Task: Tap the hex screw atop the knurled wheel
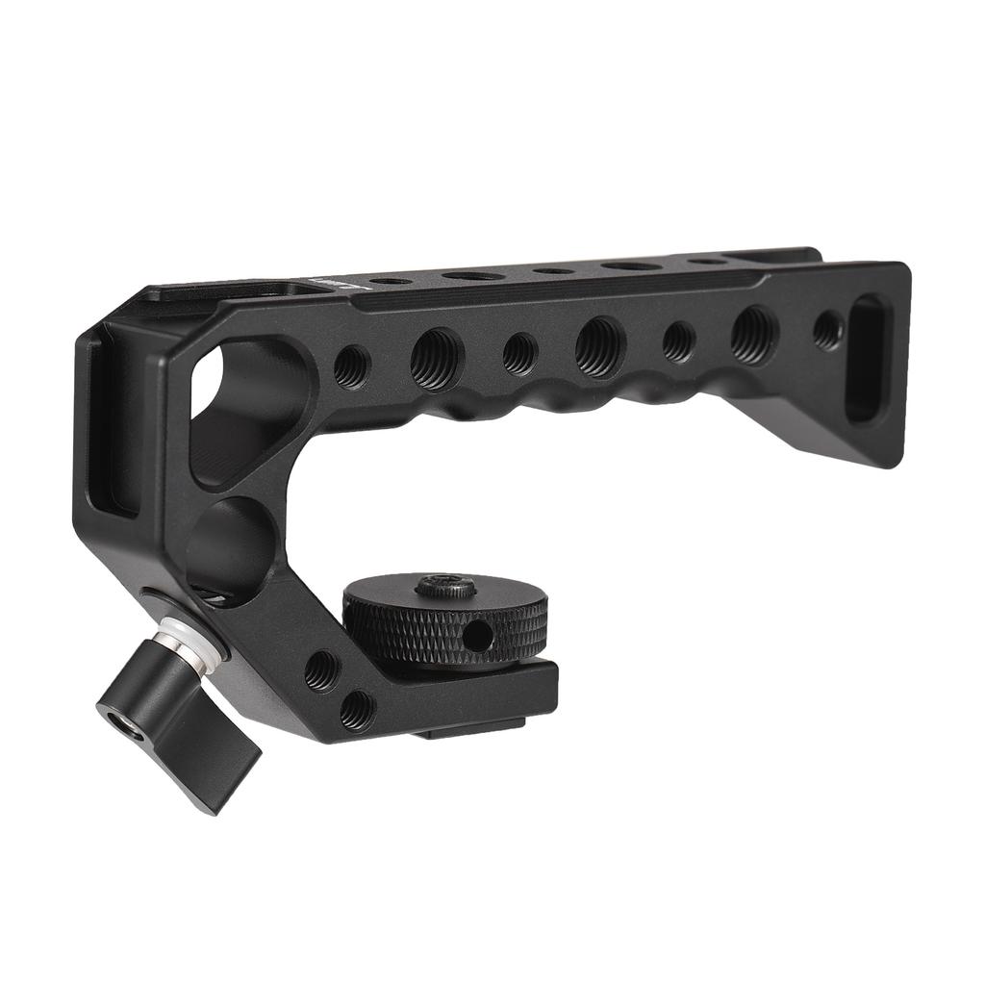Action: pos(445,585)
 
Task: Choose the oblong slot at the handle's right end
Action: pos(867,358)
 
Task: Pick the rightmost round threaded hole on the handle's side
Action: pos(827,330)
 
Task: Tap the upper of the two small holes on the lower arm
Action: pos(321,669)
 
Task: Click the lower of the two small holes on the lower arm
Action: pos(357,710)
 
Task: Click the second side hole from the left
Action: pos(437,359)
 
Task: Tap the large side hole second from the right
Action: pos(753,335)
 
